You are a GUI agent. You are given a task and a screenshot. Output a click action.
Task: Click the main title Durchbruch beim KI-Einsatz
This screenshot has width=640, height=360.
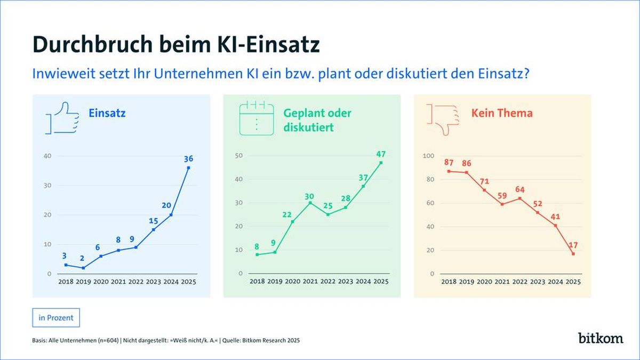pyautogui.click(x=177, y=44)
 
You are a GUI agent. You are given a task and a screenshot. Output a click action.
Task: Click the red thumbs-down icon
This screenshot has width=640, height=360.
pyautogui.click(x=442, y=118)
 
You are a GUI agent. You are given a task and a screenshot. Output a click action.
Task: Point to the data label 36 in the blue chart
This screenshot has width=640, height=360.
pyautogui.click(x=188, y=158)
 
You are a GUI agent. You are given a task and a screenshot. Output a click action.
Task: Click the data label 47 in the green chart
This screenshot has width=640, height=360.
pyautogui.click(x=380, y=154)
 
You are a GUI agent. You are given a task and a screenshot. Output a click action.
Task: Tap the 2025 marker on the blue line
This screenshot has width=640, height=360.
pyautogui.click(x=188, y=167)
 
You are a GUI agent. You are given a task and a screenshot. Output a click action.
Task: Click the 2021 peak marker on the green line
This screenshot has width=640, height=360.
pyautogui.click(x=310, y=203)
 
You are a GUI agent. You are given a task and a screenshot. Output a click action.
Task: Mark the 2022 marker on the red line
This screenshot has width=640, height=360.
pyautogui.click(x=520, y=198)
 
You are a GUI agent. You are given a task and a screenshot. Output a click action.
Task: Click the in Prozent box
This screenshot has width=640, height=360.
pyautogui.click(x=56, y=318)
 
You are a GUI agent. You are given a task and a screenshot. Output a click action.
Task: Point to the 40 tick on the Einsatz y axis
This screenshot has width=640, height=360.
pyautogui.click(x=47, y=156)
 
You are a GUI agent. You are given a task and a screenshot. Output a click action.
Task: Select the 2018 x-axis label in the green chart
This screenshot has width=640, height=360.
pyautogui.click(x=257, y=282)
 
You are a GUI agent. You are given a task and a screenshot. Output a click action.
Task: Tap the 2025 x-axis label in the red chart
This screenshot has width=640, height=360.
pyautogui.click(x=573, y=282)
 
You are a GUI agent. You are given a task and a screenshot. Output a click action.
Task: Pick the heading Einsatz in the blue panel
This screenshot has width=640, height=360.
pyautogui.click(x=107, y=113)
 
